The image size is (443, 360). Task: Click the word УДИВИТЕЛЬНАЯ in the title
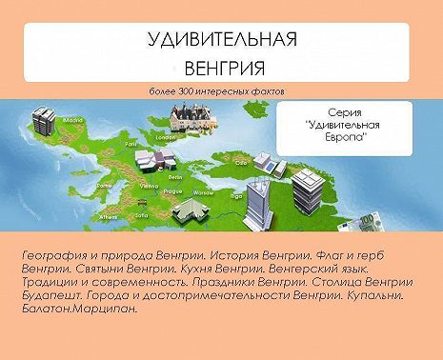coord(222,40)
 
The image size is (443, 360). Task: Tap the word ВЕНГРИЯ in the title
coord(222,68)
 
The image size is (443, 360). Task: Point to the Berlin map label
coord(175,177)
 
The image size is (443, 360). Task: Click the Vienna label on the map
coord(151,186)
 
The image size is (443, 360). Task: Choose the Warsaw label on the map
coord(201,191)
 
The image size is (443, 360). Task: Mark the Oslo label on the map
coord(241,162)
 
